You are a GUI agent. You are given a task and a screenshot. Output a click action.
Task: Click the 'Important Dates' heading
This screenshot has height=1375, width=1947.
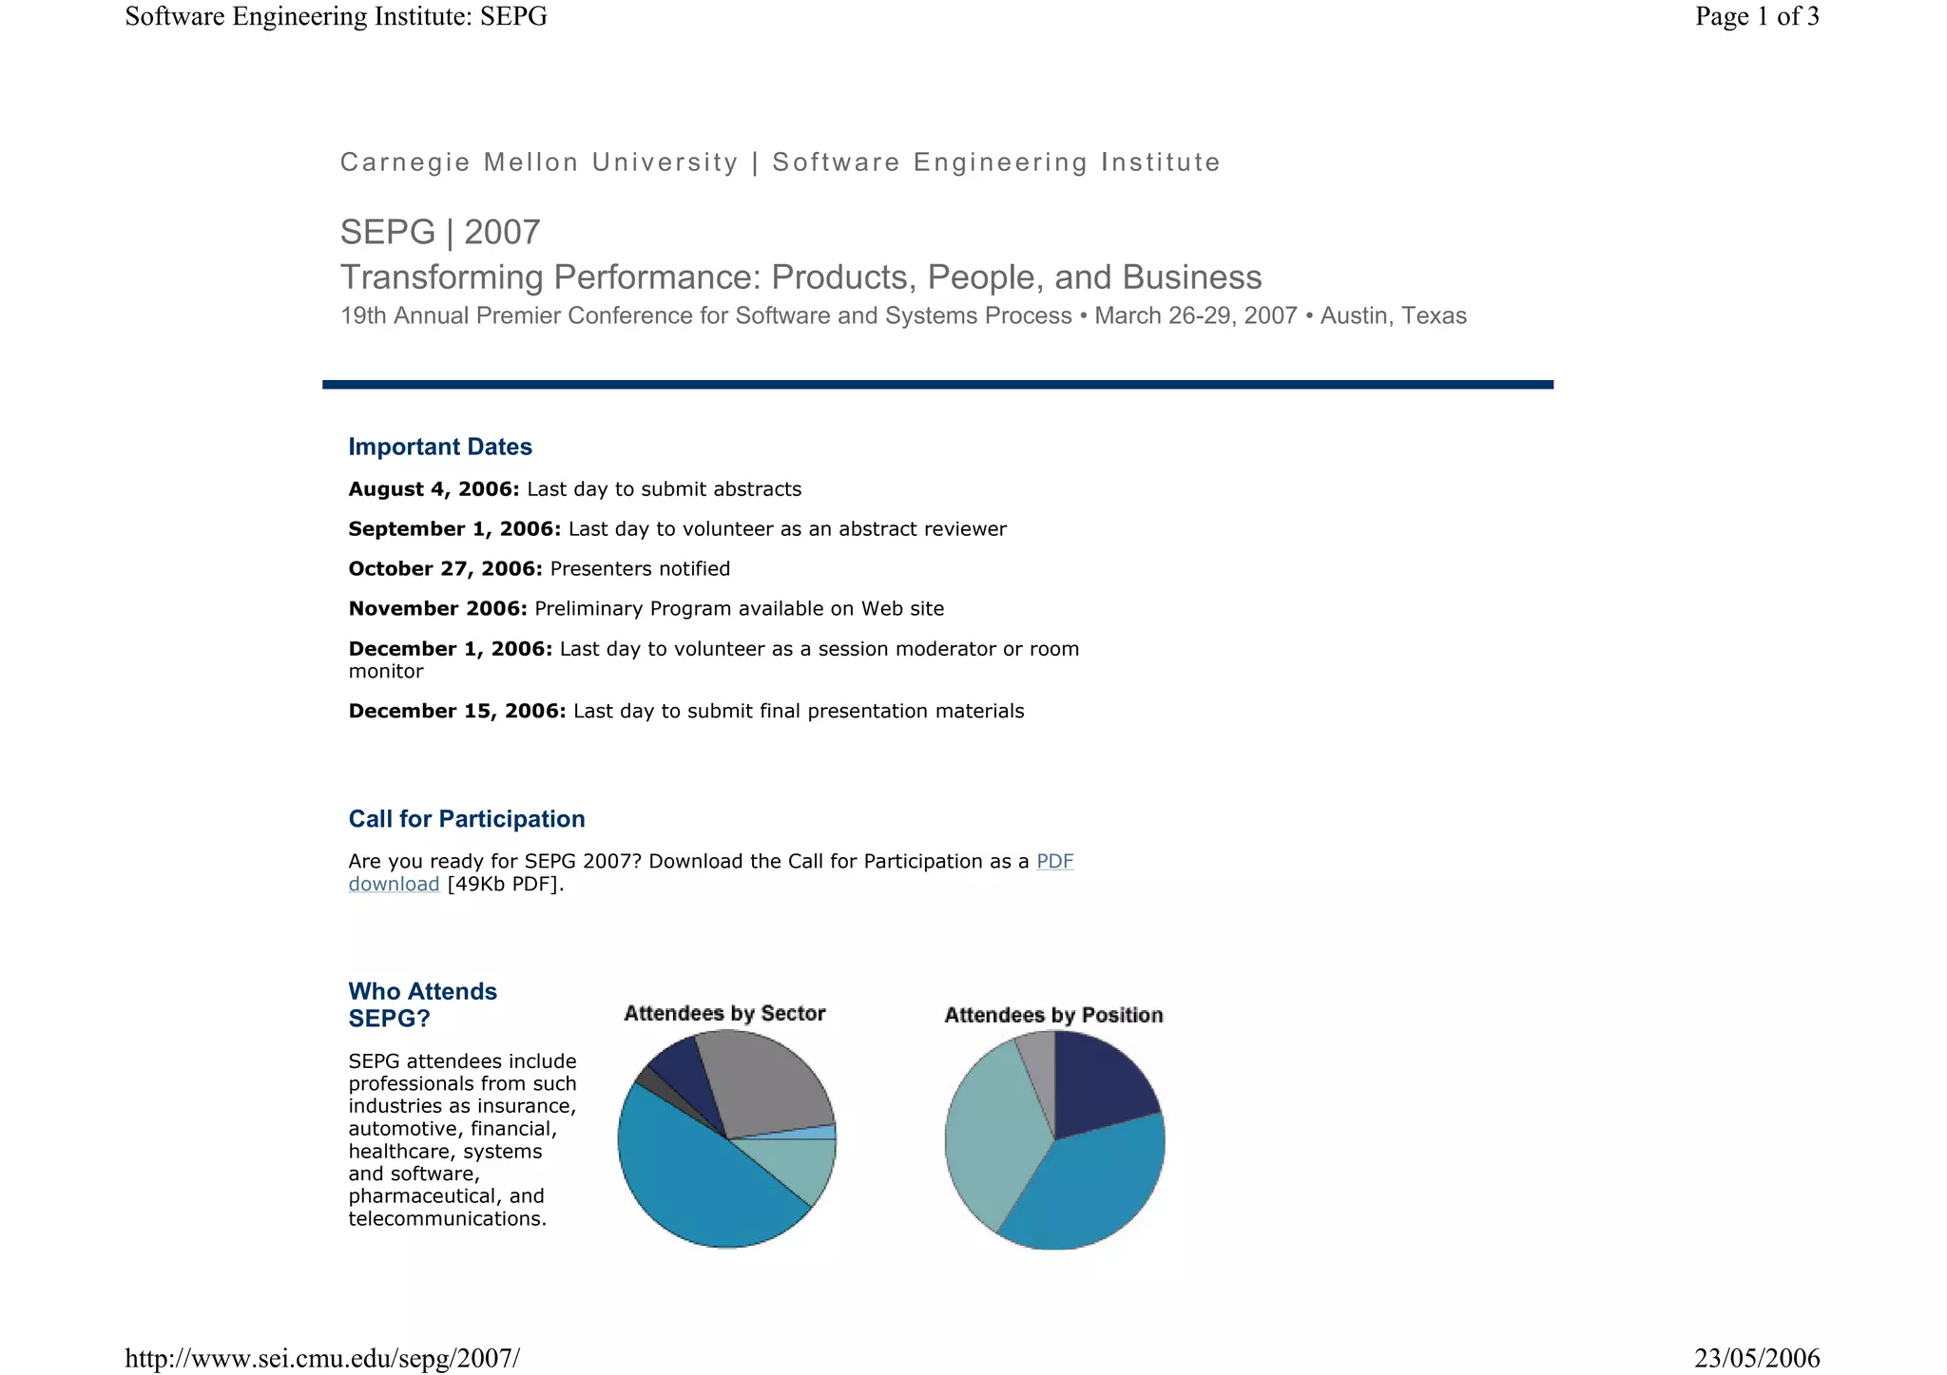coord(439,447)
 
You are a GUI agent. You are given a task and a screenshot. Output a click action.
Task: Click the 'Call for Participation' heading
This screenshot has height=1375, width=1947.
coord(466,819)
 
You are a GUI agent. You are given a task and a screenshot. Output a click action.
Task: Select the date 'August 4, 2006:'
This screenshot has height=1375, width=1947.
coord(434,489)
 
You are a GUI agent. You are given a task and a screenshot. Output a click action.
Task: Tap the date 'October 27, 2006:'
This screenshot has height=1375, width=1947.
coord(445,569)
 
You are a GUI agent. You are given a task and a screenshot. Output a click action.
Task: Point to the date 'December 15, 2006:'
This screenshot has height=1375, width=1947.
coord(456,712)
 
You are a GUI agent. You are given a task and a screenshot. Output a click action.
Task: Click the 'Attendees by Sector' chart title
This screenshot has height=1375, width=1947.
coord(724,1014)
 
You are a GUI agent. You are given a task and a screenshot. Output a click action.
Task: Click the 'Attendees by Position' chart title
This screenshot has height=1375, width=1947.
coord(1053,1016)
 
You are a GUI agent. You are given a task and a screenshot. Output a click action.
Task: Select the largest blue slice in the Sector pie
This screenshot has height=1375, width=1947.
coord(694,1188)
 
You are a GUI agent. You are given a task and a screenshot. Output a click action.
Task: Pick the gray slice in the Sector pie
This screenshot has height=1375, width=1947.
coord(765,1083)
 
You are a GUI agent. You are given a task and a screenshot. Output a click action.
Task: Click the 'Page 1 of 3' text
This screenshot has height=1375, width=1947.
coord(1756,16)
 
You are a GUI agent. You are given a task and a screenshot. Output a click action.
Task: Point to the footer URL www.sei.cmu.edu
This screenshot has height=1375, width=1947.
coord(322,1358)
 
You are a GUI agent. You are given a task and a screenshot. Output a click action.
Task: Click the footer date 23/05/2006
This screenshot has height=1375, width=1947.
coord(1756,1358)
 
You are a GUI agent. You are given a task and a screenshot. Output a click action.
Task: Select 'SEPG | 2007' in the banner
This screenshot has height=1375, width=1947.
coord(440,232)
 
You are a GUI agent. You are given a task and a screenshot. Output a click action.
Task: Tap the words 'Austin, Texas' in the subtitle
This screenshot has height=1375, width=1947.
coord(1393,316)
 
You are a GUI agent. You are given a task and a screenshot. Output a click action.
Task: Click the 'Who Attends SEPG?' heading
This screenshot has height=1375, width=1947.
coord(422,1004)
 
